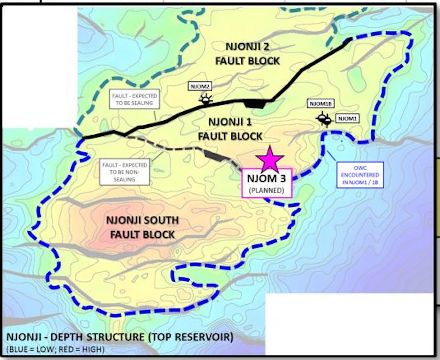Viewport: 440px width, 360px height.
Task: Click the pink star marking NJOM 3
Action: [x=270, y=159]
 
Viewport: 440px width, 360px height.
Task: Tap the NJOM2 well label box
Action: [x=200, y=87]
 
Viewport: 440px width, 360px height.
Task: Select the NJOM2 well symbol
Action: [x=205, y=99]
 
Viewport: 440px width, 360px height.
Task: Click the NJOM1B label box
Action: [x=320, y=104]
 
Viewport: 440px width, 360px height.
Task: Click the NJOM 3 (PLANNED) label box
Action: [x=266, y=183]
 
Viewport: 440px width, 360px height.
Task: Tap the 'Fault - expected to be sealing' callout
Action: [x=135, y=99]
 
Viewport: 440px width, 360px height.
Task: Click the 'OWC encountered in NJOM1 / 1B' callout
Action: [x=360, y=175]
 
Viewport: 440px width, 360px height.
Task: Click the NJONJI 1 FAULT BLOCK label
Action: [x=230, y=129]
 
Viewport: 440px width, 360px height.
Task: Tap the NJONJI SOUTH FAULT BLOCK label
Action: [x=143, y=227]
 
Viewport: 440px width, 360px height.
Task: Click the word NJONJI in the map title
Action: [x=23, y=337]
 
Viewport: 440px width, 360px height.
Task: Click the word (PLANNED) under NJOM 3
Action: [x=266, y=190]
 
